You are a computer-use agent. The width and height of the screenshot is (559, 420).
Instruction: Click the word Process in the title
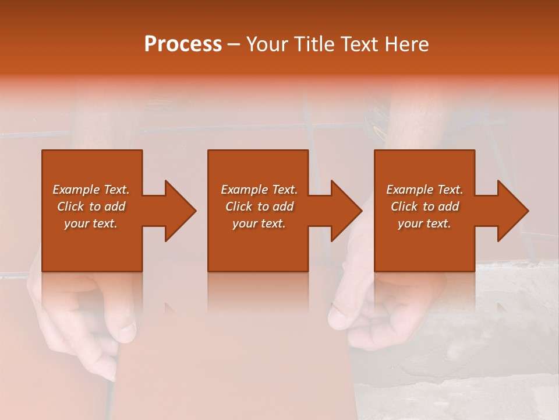(x=183, y=44)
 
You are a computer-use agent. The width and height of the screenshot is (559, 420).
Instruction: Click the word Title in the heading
(x=313, y=44)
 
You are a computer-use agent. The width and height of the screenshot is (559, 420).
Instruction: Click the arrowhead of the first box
(x=178, y=211)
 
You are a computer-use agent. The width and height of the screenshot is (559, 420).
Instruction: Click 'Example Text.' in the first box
(x=91, y=190)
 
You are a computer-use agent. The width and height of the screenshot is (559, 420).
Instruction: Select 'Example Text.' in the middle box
(x=259, y=190)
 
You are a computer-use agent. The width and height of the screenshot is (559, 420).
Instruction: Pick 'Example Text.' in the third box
(x=424, y=190)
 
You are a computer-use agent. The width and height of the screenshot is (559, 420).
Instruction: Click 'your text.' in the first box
(x=91, y=223)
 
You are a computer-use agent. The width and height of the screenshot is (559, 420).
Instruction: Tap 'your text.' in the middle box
(x=259, y=223)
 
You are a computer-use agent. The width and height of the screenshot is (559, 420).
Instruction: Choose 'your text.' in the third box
(x=424, y=223)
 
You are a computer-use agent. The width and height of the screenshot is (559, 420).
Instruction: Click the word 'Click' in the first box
(x=71, y=206)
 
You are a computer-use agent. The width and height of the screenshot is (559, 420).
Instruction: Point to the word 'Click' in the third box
(x=405, y=206)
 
